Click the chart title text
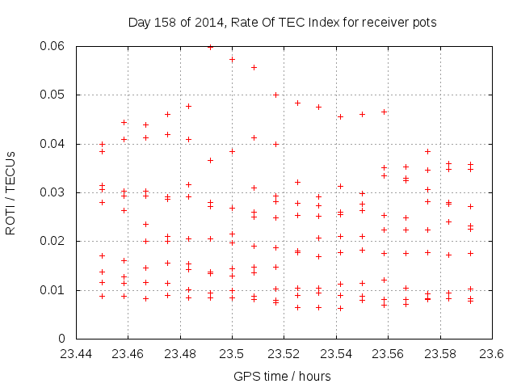[282, 23]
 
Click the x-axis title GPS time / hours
[282, 376]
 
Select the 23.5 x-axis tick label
[232, 353]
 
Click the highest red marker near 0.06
[211, 47]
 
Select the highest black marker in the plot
[232, 59]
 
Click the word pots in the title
[425, 23]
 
